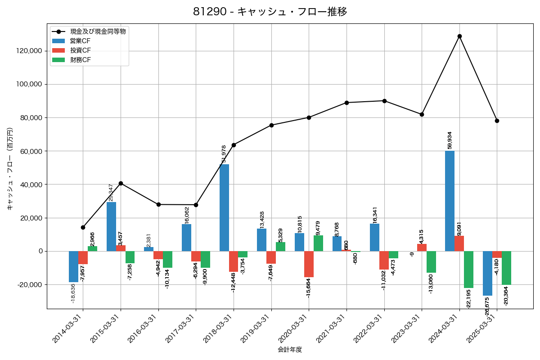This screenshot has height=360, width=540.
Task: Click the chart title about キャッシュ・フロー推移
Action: pyautogui.click(x=270, y=12)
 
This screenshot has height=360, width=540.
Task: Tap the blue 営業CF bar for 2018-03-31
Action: pyautogui.click(x=224, y=207)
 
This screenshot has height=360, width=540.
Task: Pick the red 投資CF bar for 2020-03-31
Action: pyautogui.click(x=309, y=264)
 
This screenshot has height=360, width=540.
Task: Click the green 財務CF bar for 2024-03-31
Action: pyautogui.click(x=468, y=270)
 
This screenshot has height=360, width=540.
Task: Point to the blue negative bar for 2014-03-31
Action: pyautogui.click(x=73, y=266)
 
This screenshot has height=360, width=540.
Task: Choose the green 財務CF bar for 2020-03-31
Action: pyautogui.click(x=318, y=243)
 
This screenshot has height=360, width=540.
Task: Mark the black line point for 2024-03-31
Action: pyautogui.click(x=459, y=36)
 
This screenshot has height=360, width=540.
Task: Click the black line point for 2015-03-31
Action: pyautogui.click(x=121, y=183)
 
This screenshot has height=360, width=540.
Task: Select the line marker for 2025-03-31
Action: pyautogui.click(x=497, y=121)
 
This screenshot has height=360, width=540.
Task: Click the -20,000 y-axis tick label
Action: pyautogui.click(x=29, y=285)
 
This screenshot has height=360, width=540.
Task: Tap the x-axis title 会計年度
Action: pyautogui.click(x=290, y=350)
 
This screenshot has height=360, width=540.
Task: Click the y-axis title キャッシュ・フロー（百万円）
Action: pyautogui.click(x=10, y=169)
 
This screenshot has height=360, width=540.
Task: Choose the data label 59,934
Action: pyautogui.click(x=450, y=140)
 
